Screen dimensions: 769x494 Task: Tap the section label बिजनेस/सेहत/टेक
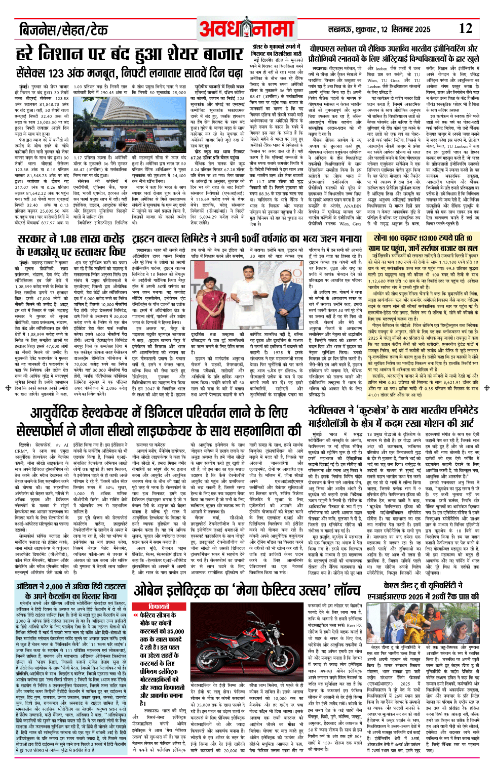click(63, 29)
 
